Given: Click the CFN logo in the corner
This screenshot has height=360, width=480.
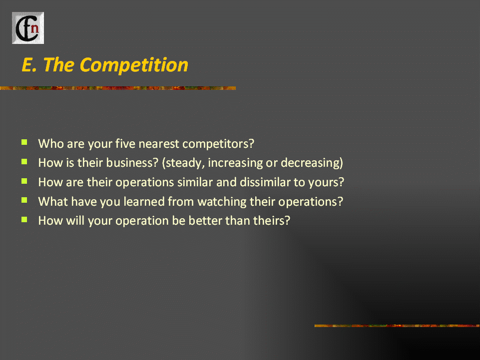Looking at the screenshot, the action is coord(28,28).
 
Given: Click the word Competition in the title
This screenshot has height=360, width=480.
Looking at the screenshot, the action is coord(134,65).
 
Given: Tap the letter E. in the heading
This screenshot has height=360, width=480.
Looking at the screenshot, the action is coord(29,65).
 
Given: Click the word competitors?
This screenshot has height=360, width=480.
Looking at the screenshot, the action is coord(218,144).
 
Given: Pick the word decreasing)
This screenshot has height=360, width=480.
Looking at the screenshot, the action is coord(312,163).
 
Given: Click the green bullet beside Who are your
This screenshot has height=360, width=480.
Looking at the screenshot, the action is coord(24,142).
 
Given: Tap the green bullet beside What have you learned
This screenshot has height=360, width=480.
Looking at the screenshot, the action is coord(24,200).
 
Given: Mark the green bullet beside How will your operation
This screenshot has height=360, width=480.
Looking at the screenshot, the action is coord(24,219).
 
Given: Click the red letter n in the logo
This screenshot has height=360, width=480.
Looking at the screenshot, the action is coord(35,28).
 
